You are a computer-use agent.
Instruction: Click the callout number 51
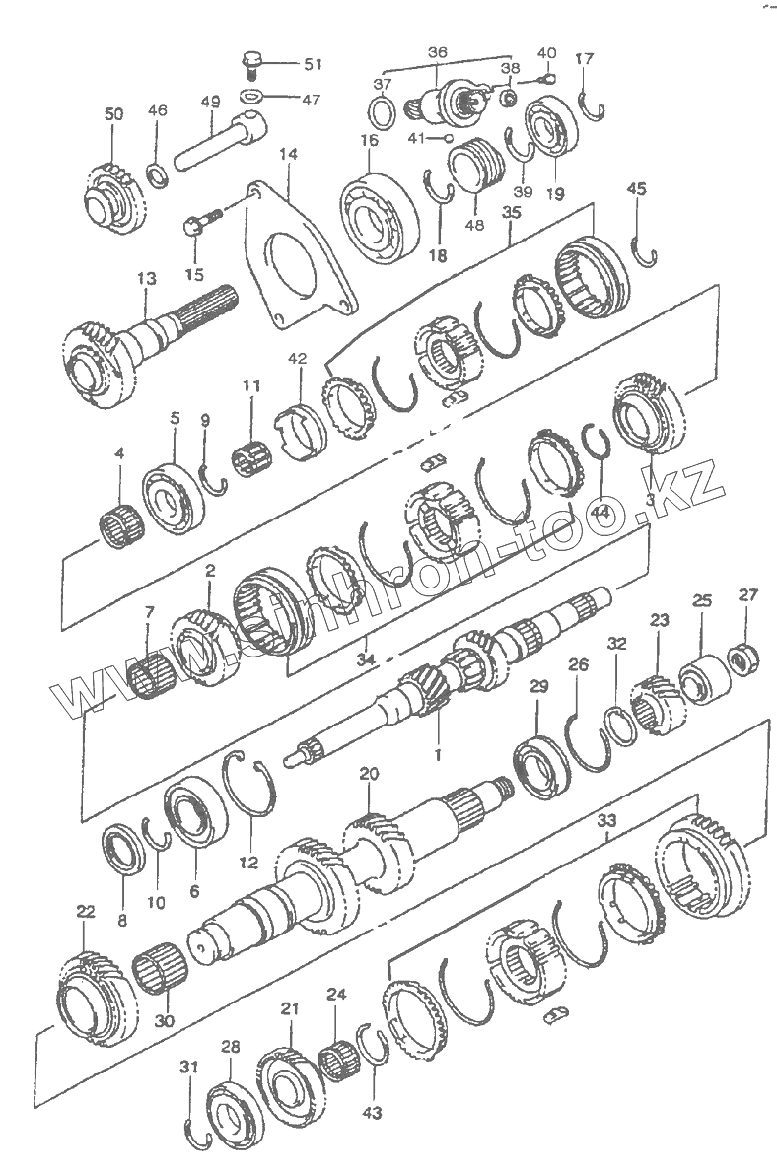click(x=314, y=64)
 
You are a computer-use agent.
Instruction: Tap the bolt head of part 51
click(x=251, y=58)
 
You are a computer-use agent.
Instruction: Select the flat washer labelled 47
click(x=251, y=96)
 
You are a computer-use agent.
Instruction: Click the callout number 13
click(x=147, y=278)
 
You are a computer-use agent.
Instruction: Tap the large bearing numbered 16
click(x=380, y=218)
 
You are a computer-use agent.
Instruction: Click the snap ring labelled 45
click(x=645, y=252)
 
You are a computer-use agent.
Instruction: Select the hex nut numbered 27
click(x=743, y=659)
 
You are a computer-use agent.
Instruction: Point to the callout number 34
click(x=366, y=658)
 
